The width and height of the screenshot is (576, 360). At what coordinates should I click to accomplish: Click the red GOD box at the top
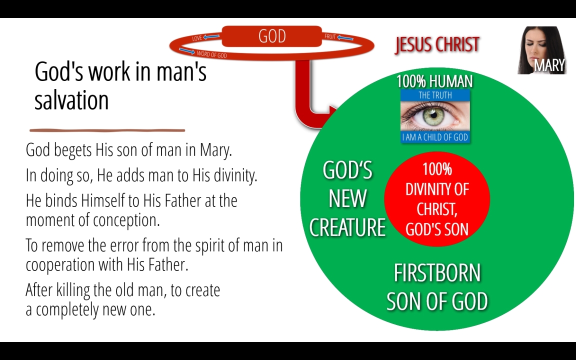tap(272, 36)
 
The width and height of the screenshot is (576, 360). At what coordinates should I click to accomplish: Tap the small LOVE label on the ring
tap(197, 38)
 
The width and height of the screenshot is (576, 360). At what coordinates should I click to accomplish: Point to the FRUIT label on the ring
tap(330, 36)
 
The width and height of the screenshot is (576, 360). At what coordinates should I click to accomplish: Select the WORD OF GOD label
tap(211, 54)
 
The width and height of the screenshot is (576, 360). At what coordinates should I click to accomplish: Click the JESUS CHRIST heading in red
tap(437, 45)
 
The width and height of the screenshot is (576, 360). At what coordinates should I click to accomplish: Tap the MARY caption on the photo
tap(549, 65)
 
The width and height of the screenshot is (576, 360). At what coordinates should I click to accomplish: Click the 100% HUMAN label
tap(434, 81)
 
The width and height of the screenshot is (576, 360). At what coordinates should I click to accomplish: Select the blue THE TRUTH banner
tap(435, 95)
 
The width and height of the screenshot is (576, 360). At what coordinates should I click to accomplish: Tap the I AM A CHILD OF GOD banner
tap(435, 137)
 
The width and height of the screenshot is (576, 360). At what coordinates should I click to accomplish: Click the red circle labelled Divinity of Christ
tap(437, 198)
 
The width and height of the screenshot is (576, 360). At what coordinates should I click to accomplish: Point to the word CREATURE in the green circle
tap(347, 227)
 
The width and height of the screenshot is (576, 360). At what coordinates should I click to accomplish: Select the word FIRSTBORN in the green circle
tap(437, 273)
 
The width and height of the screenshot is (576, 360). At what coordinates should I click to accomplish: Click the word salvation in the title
tap(71, 100)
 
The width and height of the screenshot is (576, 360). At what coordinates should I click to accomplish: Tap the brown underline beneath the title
tap(107, 130)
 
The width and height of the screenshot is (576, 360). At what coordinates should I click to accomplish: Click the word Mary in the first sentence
tap(216, 150)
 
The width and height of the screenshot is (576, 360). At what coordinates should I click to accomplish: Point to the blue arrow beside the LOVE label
tap(211, 36)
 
